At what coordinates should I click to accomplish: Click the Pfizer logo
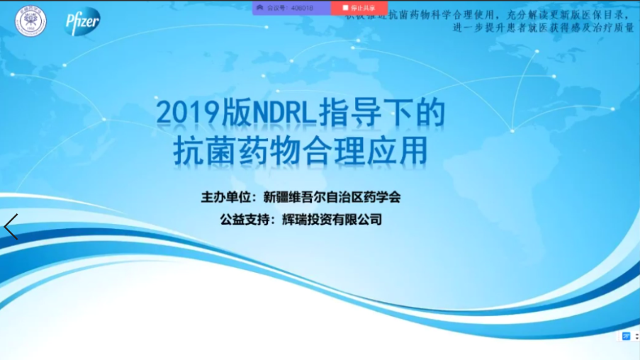click(x=82, y=21)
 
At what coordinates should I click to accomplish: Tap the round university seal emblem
click(x=30, y=21)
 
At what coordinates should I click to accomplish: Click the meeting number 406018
click(x=303, y=8)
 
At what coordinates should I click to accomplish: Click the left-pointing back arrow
click(x=11, y=227)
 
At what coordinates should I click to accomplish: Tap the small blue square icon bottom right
click(x=626, y=335)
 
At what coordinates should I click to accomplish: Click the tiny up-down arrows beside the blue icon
click(x=636, y=335)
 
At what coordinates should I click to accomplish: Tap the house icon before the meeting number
click(x=260, y=8)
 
